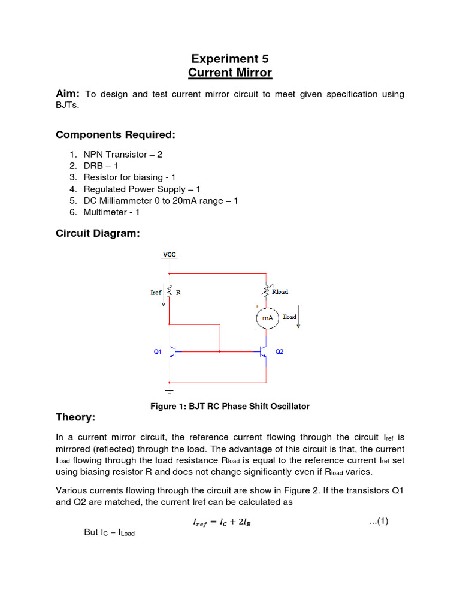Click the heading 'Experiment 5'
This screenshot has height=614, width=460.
(230, 59)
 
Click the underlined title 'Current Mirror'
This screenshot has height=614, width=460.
(230, 73)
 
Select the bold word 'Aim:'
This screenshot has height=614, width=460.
(68, 94)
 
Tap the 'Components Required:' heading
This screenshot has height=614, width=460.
(116, 134)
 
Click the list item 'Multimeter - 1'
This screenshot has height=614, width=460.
(119, 212)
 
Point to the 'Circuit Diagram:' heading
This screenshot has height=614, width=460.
(98, 234)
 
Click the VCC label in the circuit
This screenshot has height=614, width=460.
(170, 255)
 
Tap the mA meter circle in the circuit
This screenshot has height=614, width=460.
(267, 318)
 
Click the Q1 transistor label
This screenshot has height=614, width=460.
(158, 352)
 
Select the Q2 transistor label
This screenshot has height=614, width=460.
(279, 352)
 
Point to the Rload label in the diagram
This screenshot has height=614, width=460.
(280, 292)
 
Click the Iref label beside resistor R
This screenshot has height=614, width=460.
(155, 292)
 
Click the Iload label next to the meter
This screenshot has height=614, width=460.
(290, 317)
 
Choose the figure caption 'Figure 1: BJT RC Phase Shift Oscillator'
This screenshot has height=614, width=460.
(229, 407)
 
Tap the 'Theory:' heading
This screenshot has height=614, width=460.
(75, 417)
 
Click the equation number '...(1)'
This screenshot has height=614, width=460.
(379, 521)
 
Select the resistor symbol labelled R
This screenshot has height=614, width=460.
(170, 292)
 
